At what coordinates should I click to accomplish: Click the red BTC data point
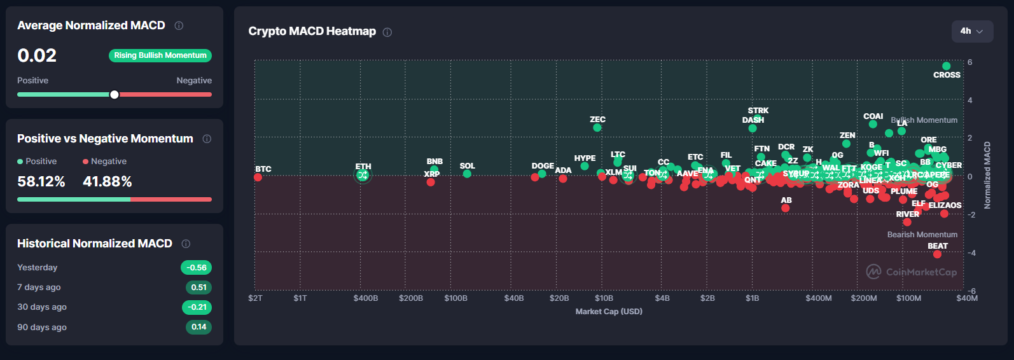point(258,177)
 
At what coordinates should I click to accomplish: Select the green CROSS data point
point(946,66)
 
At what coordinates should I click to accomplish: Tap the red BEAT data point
point(937,254)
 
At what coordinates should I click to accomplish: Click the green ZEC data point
point(597,128)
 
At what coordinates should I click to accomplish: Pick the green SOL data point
point(467,174)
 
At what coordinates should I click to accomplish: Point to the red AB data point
point(786,208)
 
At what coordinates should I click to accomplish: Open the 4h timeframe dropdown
point(972,31)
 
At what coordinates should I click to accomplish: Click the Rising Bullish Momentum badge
point(160,55)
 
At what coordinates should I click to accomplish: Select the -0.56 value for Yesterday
point(197,268)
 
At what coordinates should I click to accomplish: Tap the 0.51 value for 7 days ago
point(198,287)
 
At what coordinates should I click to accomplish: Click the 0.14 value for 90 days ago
point(198,327)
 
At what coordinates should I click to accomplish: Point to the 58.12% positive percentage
point(41,182)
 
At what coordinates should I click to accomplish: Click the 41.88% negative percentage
point(108,182)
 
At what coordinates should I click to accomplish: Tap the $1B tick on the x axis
point(753,298)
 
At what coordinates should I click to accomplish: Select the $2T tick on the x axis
point(255,298)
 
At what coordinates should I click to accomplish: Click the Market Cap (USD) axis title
point(609,312)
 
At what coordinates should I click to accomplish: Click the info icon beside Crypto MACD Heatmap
point(387,32)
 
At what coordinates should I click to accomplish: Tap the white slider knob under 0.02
point(115,95)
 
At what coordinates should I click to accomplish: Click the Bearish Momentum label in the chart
point(922,235)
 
